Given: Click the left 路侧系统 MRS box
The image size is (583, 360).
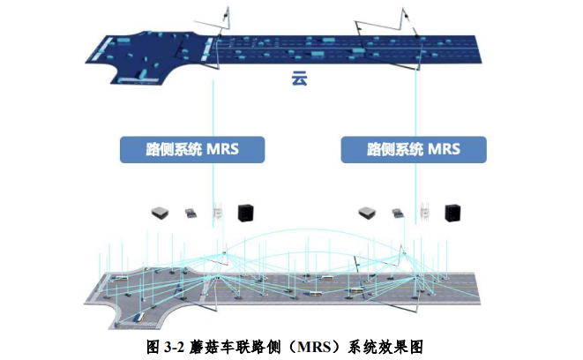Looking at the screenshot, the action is tap(191, 148).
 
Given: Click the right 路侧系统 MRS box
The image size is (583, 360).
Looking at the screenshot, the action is tap(413, 148).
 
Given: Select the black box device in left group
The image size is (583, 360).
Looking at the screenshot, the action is tap(245, 212).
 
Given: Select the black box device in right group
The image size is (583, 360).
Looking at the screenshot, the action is tap(452, 212).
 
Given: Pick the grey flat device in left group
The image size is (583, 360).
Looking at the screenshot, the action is tap(160, 212).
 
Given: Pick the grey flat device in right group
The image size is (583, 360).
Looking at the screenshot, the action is tap(367, 212).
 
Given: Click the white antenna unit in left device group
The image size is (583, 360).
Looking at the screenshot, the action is tap(217, 212).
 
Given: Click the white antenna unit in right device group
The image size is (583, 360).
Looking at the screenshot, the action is tap(424, 212).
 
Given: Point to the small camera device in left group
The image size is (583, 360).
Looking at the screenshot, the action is tap(190, 212).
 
